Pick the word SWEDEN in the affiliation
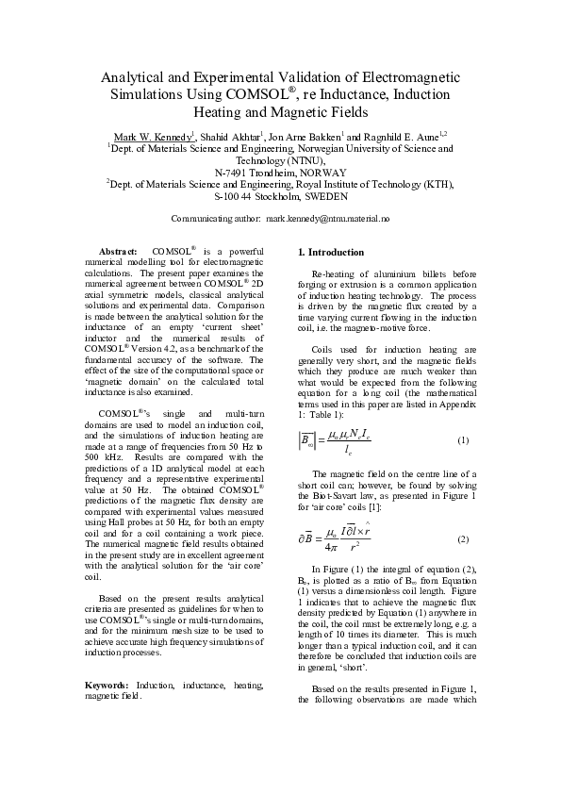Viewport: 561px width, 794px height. coord(324,197)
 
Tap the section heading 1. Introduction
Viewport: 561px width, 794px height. coord(330,253)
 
